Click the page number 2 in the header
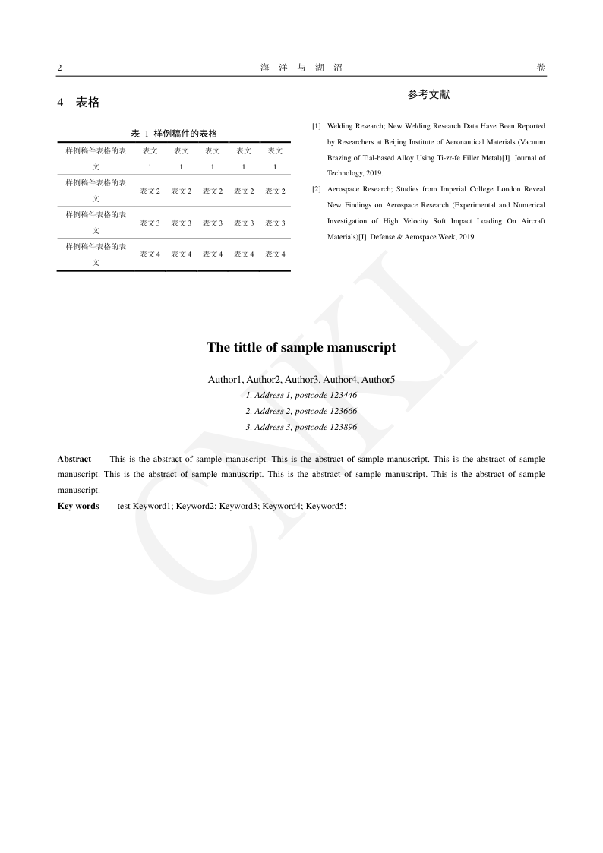(x=59, y=68)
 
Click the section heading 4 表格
(x=78, y=103)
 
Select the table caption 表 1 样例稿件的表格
(x=174, y=134)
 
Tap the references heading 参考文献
(x=428, y=95)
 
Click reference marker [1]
(x=317, y=126)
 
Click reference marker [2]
(x=317, y=189)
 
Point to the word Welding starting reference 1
(x=340, y=126)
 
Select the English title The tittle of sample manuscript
(x=301, y=347)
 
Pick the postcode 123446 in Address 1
(x=343, y=395)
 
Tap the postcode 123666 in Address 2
(x=343, y=411)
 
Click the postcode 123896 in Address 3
(x=343, y=427)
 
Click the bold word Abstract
(x=74, y=459)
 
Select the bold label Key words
(x=78, y=506)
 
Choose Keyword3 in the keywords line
(x=238, y=506)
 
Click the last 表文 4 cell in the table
(x=275, y=254)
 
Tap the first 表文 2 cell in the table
(x=150, y=191)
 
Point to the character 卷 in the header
(x=541, y=68)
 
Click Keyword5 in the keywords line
(x=325, y=506)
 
